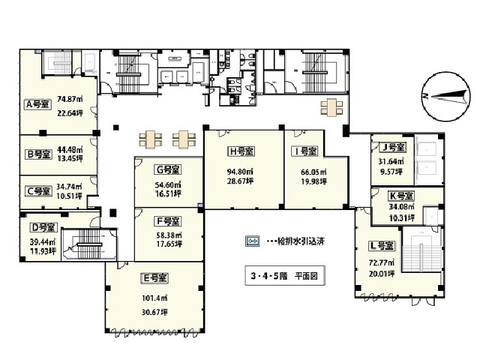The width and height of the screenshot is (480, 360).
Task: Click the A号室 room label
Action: [37, 105]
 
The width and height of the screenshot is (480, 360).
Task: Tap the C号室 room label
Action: [37, 190]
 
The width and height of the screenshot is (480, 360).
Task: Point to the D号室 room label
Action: [38, 226]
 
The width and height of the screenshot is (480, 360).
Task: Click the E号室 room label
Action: [154, 277]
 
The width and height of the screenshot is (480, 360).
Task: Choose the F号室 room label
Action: [167, 221]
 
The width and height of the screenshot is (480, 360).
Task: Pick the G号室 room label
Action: [169, 169]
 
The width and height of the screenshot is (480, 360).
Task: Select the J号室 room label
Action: [392, 147]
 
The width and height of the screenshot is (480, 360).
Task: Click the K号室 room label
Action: [401, 196]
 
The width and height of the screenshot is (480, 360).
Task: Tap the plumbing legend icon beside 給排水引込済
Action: [253, 241]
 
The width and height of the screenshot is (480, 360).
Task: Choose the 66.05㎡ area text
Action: [304, 171]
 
